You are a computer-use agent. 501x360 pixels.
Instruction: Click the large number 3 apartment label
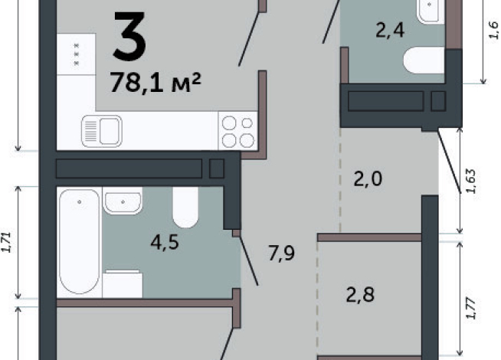tap(130, 36)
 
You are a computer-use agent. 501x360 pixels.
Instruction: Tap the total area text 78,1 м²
tap(156, 83)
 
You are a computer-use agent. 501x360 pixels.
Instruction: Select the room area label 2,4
tap(390, 31)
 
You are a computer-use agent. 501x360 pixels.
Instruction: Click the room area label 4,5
tap(165, 243)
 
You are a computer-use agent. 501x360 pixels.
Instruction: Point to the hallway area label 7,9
tap(281, 254)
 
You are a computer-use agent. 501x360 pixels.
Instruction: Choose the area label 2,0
tap(368, 179)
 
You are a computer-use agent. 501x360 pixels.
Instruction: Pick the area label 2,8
tap(360, 295)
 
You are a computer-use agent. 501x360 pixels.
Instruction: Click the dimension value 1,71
tap(7, 243)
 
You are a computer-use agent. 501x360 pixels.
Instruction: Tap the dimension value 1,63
tap(471, 181)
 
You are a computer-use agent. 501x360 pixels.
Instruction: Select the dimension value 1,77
tap(471, 308)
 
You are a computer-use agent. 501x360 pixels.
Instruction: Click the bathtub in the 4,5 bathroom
tap(79, 242)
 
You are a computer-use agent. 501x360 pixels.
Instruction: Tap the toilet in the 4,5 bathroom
tap(185, 208)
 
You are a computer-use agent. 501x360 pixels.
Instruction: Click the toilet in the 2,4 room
tap(424, 60)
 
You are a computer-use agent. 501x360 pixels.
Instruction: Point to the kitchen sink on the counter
tap(102, 131)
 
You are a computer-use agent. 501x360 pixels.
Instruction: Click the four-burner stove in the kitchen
tap(237, 131)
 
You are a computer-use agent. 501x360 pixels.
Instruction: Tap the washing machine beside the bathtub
tap(123, 283)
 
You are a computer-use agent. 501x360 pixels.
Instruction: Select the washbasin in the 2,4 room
tap(430, 11)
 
